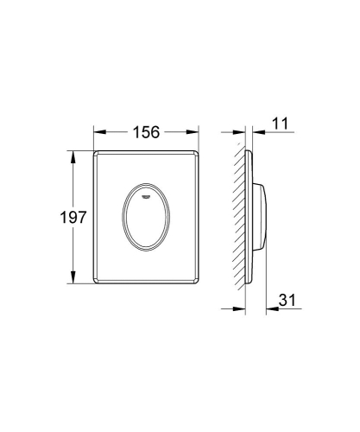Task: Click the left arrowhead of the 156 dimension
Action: (x=96, y=132)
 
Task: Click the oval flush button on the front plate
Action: (x=147, y=212)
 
